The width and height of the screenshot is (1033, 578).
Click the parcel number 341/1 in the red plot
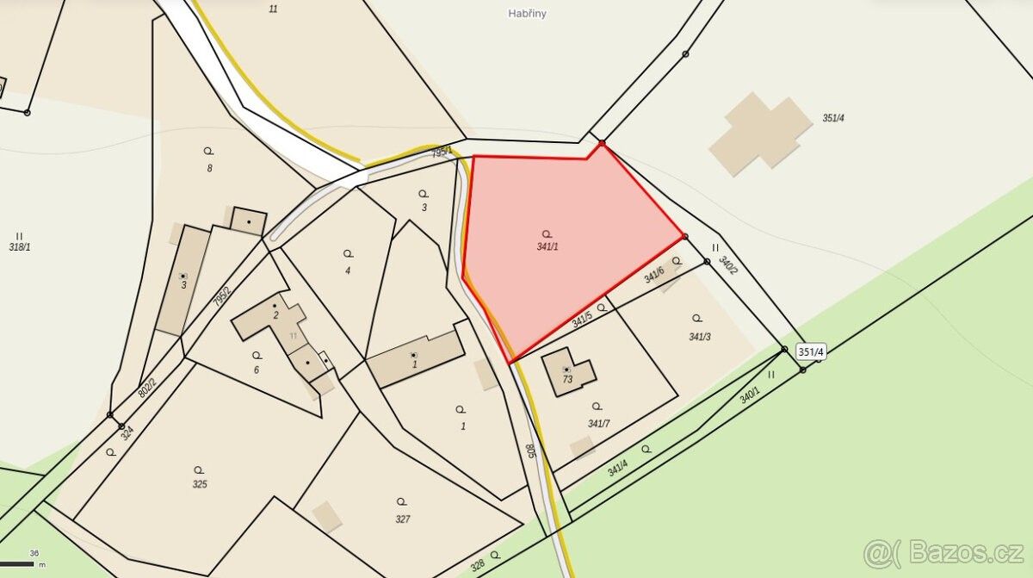(547, 246)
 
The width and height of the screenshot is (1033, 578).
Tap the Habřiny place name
(528, 14)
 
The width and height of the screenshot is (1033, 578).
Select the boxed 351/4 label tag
(811, 351)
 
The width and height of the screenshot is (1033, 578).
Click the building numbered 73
(569, 371)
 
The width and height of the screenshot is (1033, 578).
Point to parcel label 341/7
(598, 423)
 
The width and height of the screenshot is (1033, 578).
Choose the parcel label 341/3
(699, 337)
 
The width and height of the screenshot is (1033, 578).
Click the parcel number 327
(402, 519)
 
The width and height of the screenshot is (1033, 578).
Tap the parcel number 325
(200, 484)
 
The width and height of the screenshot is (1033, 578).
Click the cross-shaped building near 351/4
(760, 132)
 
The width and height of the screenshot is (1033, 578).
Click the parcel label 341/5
(582, 320)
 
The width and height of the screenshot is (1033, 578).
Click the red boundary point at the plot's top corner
(602, 143)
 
